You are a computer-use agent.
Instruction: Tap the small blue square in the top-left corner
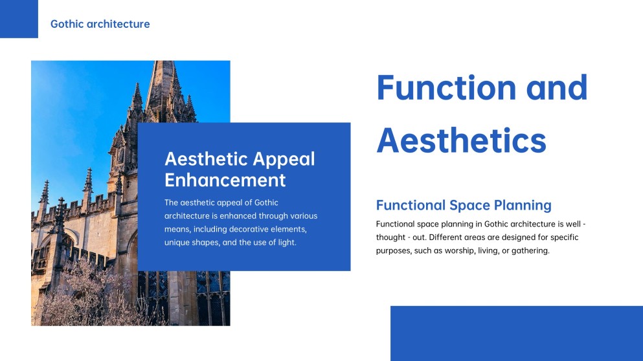click(x=19, y=19)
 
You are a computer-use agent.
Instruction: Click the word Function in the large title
click(x=446, y=88)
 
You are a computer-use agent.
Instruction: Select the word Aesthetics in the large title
click(x=461, y=140)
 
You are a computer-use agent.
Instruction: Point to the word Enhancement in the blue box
click(x=225, y=179)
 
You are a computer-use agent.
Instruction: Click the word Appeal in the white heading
click(x=284, y=159)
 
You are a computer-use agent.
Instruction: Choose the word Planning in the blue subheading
click(x=522, y=205)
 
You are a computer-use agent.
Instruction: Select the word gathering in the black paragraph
click(x=528, y=250)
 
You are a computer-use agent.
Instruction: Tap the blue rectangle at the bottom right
click(x=516, y=333)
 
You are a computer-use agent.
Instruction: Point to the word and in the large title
click(x=556, y=88)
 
